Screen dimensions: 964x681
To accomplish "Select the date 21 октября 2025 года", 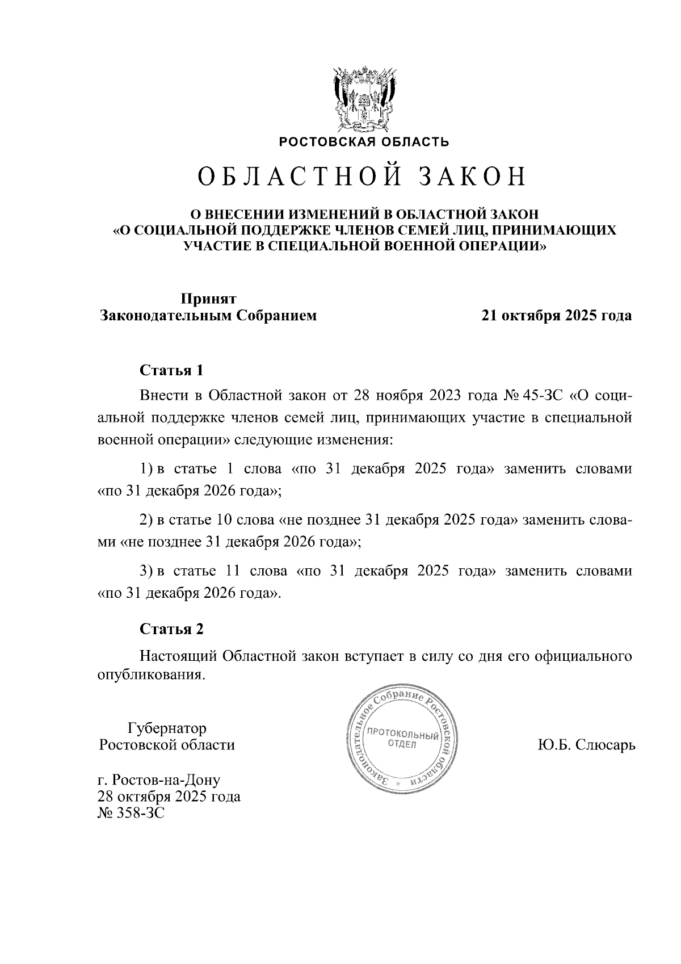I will coord(556,316).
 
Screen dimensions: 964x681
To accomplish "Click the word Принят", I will coord(208,299).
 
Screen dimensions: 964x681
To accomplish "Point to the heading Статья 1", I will coord(171,371).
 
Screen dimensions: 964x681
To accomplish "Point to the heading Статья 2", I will coord(171,629).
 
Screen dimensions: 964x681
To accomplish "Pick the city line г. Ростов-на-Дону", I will coord(159,779).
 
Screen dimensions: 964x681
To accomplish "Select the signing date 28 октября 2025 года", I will coord(169,797).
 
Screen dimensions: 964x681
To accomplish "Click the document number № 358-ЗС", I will coord(131,814).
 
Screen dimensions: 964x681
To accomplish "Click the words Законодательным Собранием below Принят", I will coord(208,316).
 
